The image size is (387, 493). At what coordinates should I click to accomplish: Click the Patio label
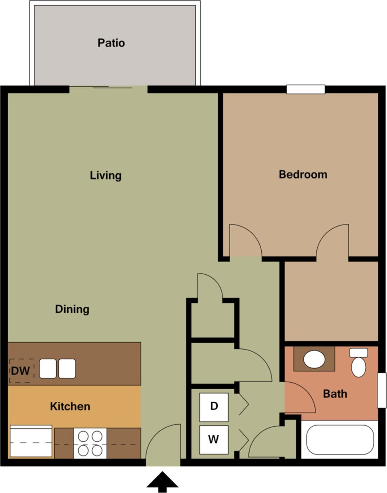tap(111, 43)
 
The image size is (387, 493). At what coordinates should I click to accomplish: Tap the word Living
tap(106, 175)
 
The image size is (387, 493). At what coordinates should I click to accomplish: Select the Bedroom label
tap(303, 174)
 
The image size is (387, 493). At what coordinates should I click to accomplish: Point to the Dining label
tap(72, 309)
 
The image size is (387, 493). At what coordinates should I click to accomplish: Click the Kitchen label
tap(70, 406)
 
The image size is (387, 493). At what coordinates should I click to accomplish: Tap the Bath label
tap(335, 394)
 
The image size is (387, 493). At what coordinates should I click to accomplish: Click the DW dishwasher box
tap(21, 371)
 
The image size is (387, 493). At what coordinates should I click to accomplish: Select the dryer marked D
tap(213, 407)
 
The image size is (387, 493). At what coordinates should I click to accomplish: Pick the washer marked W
tap(213, 439)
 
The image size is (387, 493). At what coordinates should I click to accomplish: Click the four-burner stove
tap(90, 443)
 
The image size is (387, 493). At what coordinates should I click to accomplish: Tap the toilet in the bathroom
tap(358, 364)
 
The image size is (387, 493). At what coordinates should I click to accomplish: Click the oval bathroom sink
tap(314, 359)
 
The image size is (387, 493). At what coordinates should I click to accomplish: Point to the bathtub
tap(340, 439)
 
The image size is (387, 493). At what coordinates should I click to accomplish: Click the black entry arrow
tap(162, 482)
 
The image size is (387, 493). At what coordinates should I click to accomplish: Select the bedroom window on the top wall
tap(305, 89)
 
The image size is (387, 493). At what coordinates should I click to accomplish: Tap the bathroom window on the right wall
tap(382, 390)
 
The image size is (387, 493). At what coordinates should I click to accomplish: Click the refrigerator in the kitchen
tap(31, 441)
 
